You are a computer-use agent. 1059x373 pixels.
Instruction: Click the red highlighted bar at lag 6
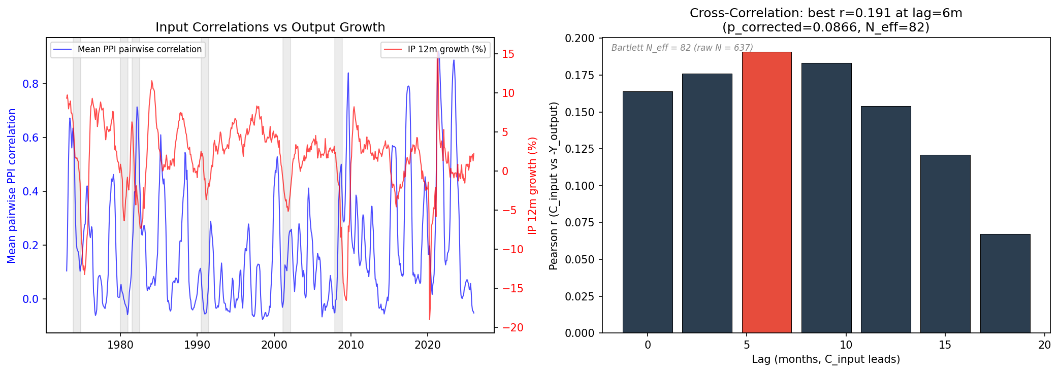[x=766, y=193]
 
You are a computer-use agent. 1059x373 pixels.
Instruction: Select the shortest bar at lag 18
[x=1005, y=284]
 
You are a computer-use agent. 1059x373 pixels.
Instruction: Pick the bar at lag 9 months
[x=826, y=198]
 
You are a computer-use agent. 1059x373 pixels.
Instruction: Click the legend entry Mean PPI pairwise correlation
[x=139, y=49]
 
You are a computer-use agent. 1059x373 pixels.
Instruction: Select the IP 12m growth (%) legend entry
[x=446, y=49]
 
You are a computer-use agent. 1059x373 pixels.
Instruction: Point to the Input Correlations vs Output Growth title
[x=270, y=27]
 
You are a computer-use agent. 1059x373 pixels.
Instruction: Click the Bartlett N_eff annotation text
[x=682, y=48]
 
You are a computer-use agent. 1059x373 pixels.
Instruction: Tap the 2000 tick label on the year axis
[x=274, y=345]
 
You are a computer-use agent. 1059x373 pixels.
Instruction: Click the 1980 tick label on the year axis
[x=120, y=345]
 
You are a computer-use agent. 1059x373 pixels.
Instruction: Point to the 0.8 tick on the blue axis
[x=30, y=84]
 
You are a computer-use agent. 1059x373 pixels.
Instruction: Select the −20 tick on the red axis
[x=512, y=328]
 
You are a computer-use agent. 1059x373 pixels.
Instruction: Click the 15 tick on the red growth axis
[x=508, y=54]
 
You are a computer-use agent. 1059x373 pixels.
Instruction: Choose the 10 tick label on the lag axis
[x=846, y=345]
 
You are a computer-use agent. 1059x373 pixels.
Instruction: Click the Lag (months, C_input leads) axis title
[x=826, y=359]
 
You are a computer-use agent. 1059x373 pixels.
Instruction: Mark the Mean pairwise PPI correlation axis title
[x=12, y=186]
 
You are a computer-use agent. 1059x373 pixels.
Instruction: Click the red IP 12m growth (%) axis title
[x=532, y=186]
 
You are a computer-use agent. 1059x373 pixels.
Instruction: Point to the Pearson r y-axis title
[x=554, y=186]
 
